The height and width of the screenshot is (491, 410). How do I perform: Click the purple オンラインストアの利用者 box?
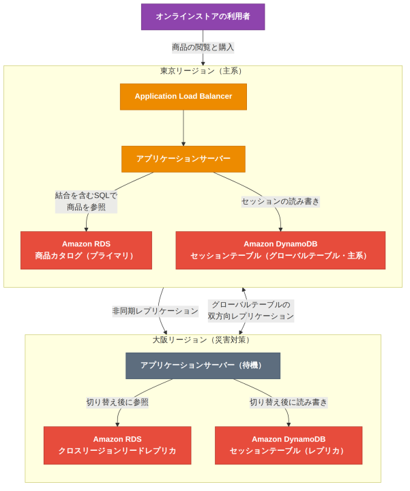click(203, 17)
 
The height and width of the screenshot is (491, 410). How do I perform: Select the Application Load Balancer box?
click(184, 97)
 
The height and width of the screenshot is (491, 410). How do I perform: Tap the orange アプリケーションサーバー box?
click(184, 159)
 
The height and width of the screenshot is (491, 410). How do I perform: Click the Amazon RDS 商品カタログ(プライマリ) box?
click(86, 250)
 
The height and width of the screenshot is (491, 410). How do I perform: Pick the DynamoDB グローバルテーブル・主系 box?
click(280, 250)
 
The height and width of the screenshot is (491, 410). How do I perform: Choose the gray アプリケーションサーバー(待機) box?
click(203, 366)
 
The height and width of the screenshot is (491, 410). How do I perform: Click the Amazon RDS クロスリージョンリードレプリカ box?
click(117, 445)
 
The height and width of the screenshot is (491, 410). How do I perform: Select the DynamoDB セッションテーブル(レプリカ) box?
click(289, 445)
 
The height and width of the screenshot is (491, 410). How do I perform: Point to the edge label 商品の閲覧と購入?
click(203, 47)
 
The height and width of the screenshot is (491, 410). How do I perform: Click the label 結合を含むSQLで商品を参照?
click(86, 201)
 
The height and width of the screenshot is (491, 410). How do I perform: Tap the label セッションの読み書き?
click(280, 201)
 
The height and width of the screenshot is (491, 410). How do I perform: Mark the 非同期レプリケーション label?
click(156, 311)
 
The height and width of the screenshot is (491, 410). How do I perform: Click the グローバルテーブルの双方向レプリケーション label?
click(251, 311)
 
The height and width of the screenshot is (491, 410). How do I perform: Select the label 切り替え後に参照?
click(117, 402)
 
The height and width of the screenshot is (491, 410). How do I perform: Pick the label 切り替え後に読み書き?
click(289, 402)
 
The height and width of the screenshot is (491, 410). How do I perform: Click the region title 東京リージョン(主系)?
click(201, 71)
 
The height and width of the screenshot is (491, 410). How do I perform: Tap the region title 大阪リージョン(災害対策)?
click(201, 340)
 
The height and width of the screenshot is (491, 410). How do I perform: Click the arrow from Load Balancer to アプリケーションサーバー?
click(184, 128)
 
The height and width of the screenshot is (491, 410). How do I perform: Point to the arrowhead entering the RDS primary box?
click(86, 230)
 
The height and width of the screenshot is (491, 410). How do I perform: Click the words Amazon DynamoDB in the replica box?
click(289, 439)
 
